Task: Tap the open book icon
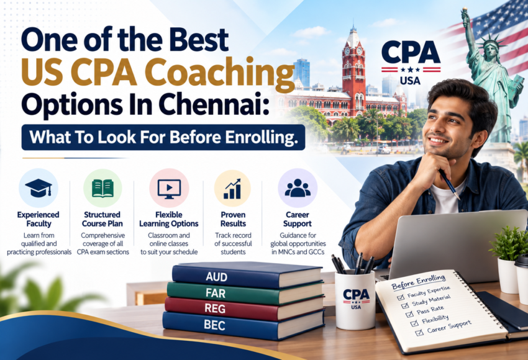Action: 102,188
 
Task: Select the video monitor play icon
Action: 169,189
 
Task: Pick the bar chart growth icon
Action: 232,189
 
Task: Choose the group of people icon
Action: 298,188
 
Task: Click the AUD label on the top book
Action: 217,277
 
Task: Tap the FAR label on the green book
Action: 216,293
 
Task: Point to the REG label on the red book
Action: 215,308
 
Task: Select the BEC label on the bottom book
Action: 214,325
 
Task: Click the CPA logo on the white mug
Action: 356,299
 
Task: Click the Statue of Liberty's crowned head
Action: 490,47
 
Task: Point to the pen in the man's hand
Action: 449,184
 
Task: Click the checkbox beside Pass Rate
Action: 409,314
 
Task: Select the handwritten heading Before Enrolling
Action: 419,282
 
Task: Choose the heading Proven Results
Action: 233,219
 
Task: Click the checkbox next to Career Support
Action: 419,333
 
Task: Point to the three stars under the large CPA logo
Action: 411,70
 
